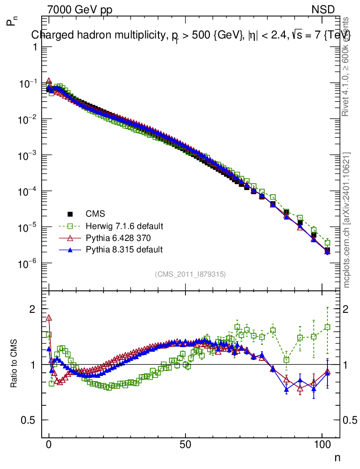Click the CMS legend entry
(95, 213)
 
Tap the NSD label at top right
(323, 10)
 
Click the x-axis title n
(337, 457)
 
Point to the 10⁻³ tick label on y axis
(27, 155)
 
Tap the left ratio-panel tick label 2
(33, 309)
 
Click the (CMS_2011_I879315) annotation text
(190, 274)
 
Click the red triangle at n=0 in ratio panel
(49, 317)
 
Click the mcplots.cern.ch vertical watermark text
(347, 220)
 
